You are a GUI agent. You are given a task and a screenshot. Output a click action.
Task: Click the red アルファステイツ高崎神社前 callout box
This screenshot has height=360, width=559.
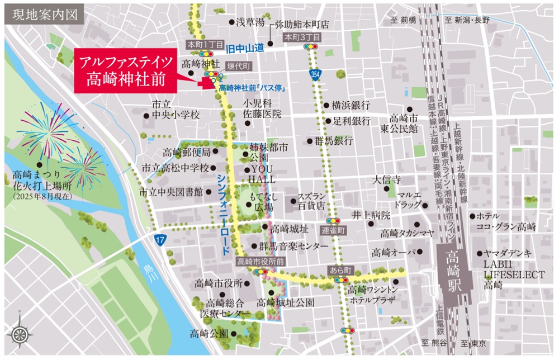tap(125, 70)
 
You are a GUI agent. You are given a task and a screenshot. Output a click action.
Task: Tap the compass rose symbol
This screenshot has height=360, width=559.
tap(20, 334)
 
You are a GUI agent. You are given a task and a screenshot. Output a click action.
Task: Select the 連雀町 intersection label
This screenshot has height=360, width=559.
tap(334, 230)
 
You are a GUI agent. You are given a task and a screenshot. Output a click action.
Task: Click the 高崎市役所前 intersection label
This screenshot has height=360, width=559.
tap(260, 261)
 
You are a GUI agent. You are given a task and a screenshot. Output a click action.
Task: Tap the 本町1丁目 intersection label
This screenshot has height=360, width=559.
tap(205, 44)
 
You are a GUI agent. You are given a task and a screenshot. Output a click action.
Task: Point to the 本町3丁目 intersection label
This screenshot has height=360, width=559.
tap(302, 37)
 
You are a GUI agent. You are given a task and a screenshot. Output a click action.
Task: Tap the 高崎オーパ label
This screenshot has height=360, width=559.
tap(392, 253)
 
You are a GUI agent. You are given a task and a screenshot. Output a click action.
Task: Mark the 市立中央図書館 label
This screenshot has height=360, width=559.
tap(171, 192)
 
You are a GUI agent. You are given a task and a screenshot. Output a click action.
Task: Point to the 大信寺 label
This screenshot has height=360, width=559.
tap(388, 181)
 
